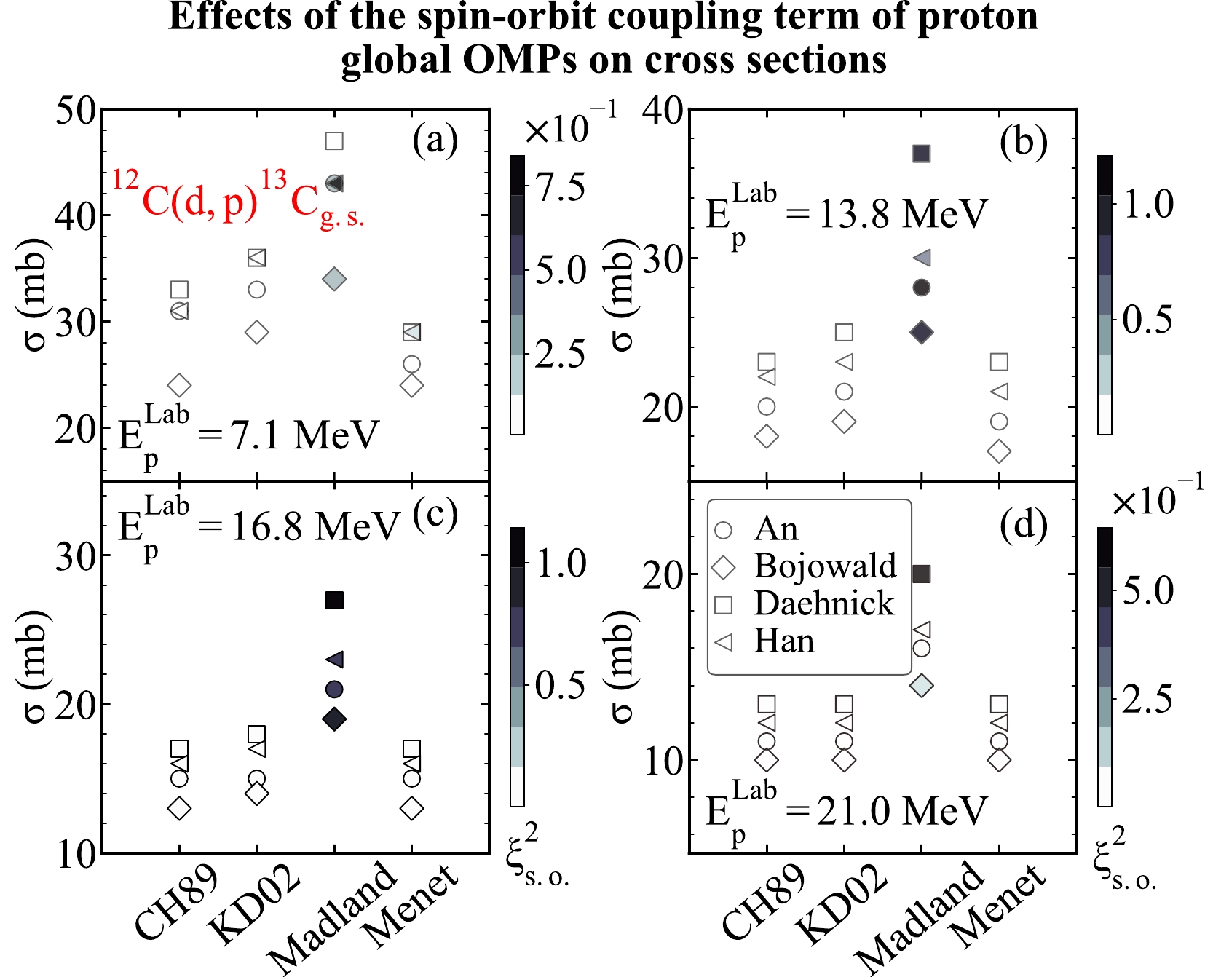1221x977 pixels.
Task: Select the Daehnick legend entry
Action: (x=823, y=604)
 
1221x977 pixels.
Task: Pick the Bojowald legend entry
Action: (x=824, y=566)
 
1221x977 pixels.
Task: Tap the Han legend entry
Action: (x=783, y=641)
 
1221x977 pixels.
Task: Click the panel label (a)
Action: (x=435, y=141)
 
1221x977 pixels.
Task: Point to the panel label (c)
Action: (x=435, y=514)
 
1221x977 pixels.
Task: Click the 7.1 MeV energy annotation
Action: (x=248, y=438)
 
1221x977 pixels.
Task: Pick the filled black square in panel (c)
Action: (x=334, y=600)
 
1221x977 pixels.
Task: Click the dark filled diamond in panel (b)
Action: (x=922, y=332)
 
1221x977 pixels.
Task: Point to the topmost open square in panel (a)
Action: (x=334, y=141)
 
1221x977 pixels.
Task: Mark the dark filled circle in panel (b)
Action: (x=922, y=288)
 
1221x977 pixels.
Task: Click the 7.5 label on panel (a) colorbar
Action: (x=561, y=188)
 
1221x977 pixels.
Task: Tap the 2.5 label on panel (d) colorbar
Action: (x=1147, y=700)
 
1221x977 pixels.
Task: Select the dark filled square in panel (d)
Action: (x=922, y=574)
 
